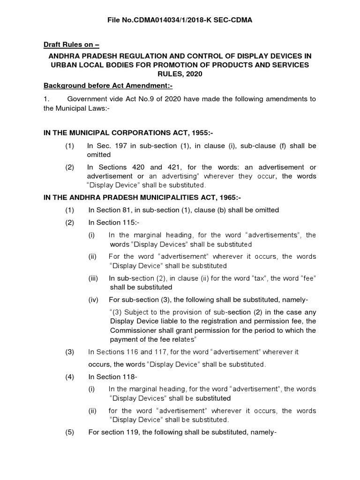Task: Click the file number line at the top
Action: click(x=180, y=21)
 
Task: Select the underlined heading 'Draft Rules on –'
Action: click(x=71, y=45)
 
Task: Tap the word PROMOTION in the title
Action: click(x=204, y=65)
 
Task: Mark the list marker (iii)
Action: click(x=94, y=278)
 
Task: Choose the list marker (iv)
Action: click(x=94, y=300)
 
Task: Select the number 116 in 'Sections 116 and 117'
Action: click(x=131, y=352)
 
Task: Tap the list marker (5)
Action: click(x=70, y=432)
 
